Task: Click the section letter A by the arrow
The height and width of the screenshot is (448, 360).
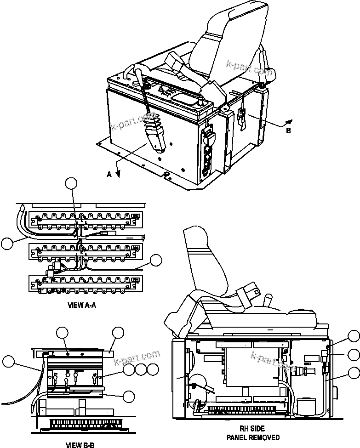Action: coord(109,174)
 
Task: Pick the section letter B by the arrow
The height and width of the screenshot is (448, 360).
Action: coord(288,130)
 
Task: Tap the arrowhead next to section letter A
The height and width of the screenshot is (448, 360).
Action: coord(118,173)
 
